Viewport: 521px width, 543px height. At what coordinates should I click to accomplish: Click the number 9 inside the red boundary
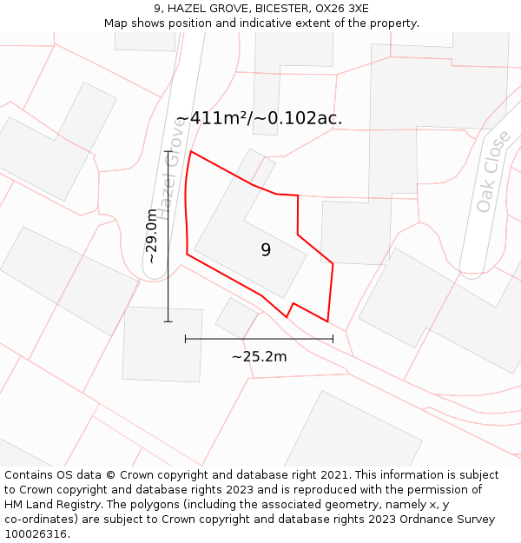266,250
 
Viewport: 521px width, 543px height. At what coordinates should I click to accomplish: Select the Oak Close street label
492,172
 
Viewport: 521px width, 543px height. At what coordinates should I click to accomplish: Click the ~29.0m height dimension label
152,235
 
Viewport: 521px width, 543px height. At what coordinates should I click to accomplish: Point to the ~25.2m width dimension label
259,356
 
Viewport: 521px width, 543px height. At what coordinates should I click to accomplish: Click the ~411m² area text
214,119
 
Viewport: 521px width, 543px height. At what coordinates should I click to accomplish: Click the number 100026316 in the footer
34,533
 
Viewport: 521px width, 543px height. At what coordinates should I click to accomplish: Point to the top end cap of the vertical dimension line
168,151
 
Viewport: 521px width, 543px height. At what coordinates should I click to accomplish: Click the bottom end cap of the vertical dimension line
168,321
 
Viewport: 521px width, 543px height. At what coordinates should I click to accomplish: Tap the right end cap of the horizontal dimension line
333,339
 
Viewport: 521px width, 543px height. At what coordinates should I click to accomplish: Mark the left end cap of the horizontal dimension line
186,339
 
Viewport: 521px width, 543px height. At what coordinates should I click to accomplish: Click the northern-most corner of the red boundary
191,151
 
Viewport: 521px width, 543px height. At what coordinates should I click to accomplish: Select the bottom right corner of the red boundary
327,321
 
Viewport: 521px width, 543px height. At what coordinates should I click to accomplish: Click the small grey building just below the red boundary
236,317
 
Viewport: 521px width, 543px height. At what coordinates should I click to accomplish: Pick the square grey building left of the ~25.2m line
162,344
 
